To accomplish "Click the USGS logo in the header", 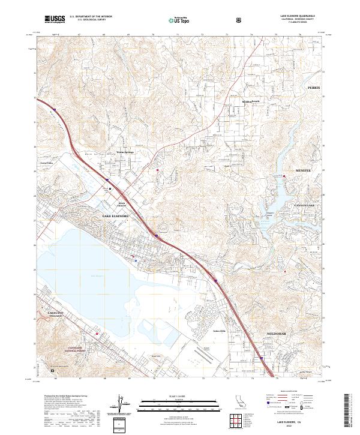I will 55,20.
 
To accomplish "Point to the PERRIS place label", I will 314,88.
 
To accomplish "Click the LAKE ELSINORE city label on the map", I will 115,215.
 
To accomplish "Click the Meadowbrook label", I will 251,102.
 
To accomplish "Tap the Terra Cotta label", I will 47,163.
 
